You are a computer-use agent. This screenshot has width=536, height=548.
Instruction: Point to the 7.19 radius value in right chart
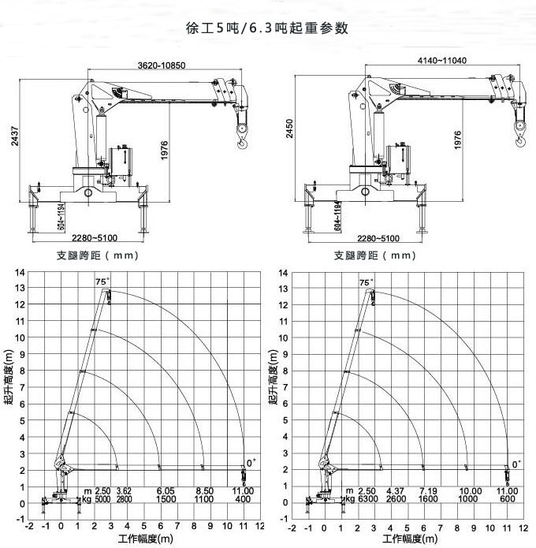click(x=428, y=490)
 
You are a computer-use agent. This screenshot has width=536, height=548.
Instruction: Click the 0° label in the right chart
click(x=516, y=464)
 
